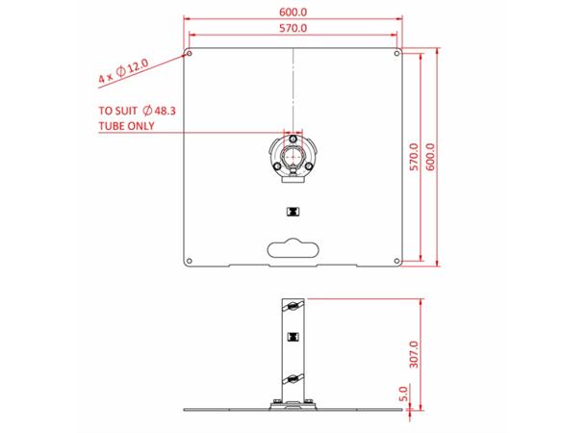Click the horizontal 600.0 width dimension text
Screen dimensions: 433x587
[293, 11]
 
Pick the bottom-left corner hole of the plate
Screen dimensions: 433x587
[191, 259]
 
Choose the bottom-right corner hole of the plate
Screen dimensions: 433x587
[396, 259]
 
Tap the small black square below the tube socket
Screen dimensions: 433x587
[293, 212]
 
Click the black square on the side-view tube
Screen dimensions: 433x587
[293, 336]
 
